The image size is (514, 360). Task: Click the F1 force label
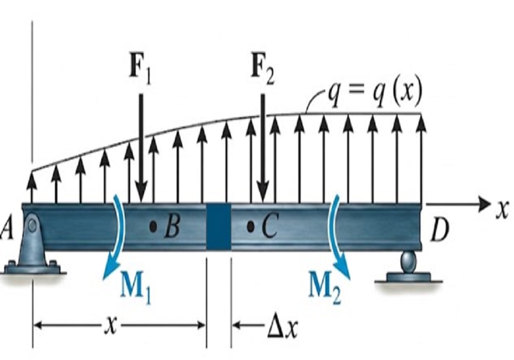[141, 73]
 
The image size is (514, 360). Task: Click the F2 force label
[263, 73]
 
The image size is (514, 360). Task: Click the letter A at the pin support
[7, 228]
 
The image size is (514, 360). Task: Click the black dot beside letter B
[153, 226]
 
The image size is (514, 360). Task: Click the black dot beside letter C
[250, 226]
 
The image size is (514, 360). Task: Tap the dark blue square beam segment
[218, 226]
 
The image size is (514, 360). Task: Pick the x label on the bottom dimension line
[112, 326]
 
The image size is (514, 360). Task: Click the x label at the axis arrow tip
[502, 210]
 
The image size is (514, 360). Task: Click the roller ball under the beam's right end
[409, 258]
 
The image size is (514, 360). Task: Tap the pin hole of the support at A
[32, 225]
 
